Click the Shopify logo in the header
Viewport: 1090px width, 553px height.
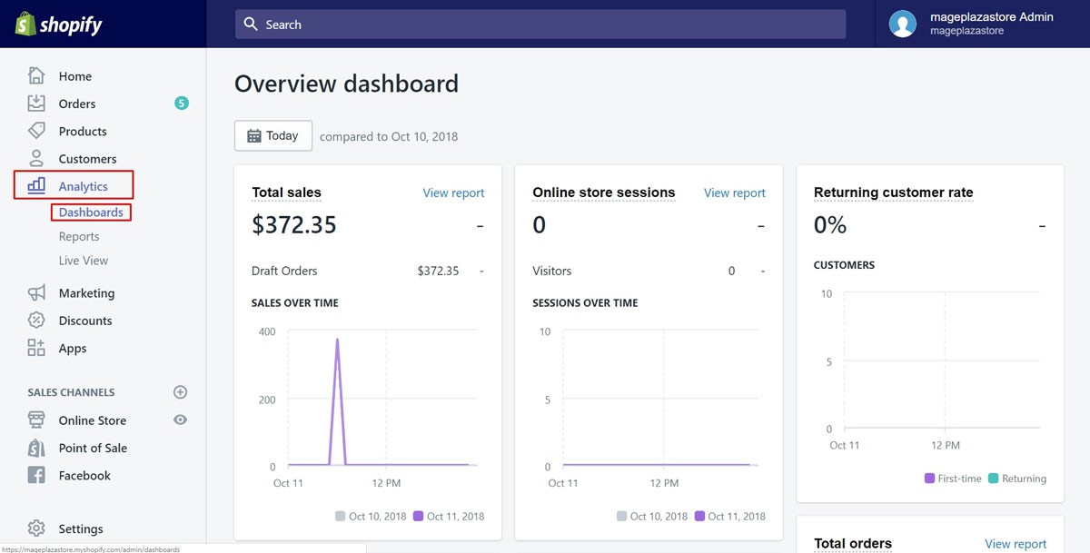[x=59, y=25]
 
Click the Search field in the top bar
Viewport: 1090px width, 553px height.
[x=540, y=25]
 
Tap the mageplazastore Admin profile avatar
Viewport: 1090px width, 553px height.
[x=902, y=24]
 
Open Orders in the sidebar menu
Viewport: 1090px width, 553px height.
[x=76, y=104]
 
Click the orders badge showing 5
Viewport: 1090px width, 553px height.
[x=182, y=104]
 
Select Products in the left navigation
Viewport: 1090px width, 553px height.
[x=82, y=132]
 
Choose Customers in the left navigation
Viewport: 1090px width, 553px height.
[x=86, y=159]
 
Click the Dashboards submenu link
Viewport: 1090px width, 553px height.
[x=91, y=212]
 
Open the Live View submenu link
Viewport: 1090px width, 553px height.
[x=83, y=261]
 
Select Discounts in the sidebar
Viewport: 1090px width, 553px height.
[x=84, y=321]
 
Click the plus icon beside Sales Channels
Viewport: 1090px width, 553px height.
[x=180, y=392]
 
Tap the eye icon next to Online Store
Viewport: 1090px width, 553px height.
[x=180, y=420]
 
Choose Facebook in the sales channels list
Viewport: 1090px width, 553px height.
[x=84, y=476]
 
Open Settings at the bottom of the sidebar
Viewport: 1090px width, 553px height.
[x=80, y=528]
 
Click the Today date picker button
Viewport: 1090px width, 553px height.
[x=273, y=136]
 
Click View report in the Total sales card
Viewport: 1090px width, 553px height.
[x=453, y=193]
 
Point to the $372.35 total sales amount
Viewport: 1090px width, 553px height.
[x=294, y=225]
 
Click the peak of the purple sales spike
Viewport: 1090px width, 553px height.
[x=337, y=341]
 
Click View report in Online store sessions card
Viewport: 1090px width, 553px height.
[x=734, y=193]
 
